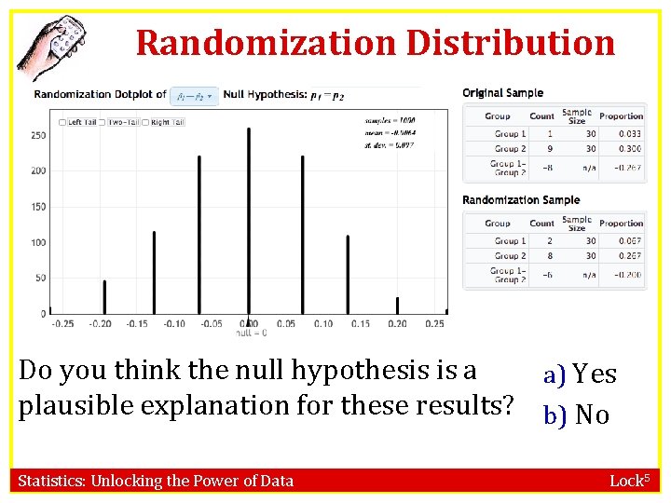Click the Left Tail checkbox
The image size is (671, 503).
(62, 122)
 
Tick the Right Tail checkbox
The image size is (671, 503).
(145, 122)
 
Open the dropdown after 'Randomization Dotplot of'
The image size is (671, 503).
(195, 95)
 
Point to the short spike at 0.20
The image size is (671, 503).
(397, 306)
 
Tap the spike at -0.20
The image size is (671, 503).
(104, 296)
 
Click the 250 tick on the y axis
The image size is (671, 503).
(38, 135)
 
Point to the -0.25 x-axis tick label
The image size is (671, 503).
(62, 324)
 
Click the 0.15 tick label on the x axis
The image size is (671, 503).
(360, 324)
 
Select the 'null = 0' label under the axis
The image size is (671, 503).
(251, 333)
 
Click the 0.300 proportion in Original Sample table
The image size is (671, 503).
(630, 149)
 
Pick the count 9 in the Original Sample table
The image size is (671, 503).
(550, 149)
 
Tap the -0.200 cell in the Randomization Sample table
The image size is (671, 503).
(629, 276)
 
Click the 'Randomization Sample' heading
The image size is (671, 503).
(521, 200)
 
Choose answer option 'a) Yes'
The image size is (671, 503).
(581, 374)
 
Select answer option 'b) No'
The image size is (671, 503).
(577, 414)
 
